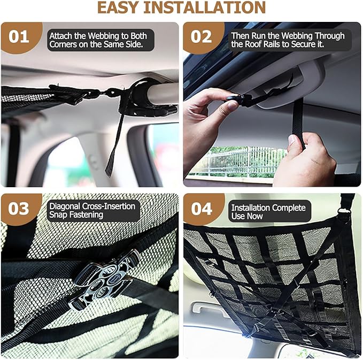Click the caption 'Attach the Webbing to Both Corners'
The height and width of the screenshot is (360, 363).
pos(101,40)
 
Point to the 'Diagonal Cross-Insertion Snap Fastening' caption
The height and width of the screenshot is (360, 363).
pos(92,211)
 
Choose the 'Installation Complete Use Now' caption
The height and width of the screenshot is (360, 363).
pos(268,211)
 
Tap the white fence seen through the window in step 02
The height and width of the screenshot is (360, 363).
pos(241,160)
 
